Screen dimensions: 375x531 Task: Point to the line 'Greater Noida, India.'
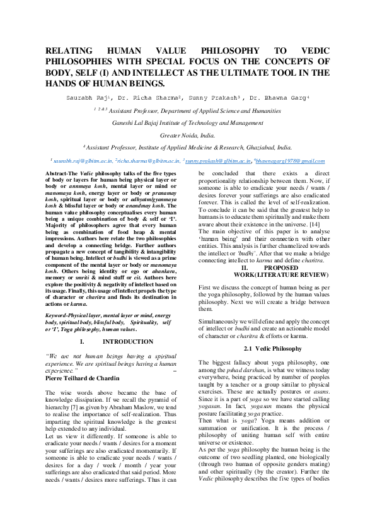pyautogui.click(x=187, y=135)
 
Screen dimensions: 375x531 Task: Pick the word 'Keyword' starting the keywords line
pyautogui.click(x=61, y=314)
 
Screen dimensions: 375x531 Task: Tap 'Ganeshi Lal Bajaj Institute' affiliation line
pyautogui.click(x=187, y=123)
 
